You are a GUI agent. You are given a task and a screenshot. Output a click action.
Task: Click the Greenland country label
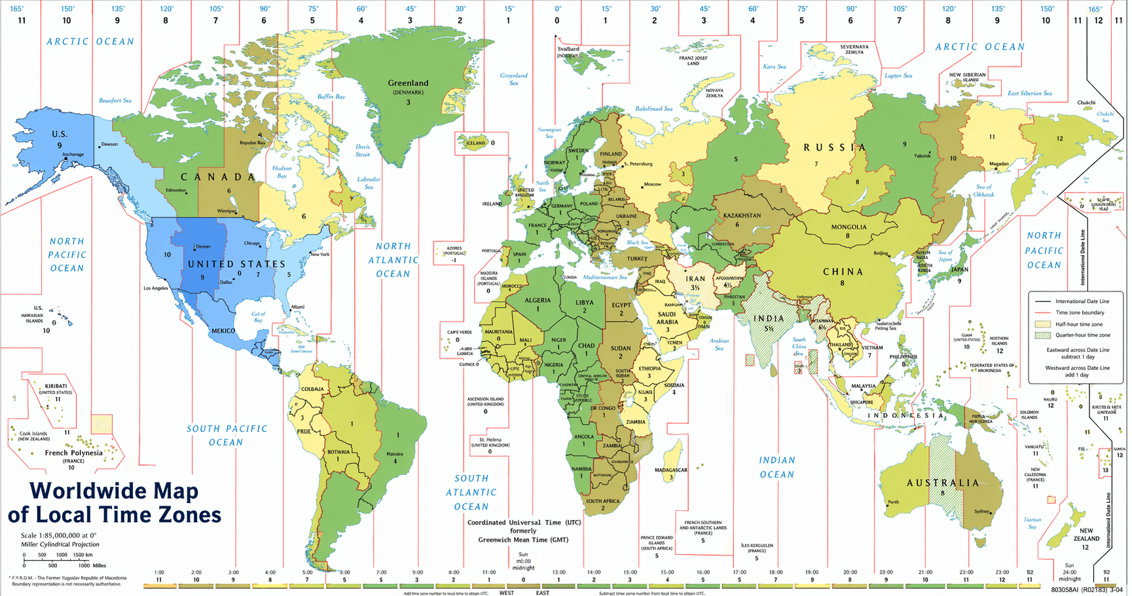pos(408,83)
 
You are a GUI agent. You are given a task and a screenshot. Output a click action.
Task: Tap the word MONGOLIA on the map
pos(849,227)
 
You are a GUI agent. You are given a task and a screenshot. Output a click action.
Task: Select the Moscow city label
pos(652,185)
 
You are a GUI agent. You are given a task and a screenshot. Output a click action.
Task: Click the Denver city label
pos(203,247)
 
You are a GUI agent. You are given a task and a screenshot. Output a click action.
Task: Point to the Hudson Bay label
pos(282,172)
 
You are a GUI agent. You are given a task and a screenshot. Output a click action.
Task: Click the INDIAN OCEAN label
pos(777,468)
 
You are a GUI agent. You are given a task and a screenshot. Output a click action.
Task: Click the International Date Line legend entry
pos(1082,301)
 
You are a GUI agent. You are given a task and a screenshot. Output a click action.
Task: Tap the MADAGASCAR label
pos(670,470)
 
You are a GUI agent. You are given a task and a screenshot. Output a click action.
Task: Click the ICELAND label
pos(476,143)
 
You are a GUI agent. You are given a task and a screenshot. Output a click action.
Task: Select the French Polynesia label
pos(73,453)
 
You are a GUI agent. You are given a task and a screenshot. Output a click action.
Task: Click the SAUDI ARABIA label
pos(667,318)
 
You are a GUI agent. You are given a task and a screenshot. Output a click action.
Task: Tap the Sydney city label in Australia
pos(981,512)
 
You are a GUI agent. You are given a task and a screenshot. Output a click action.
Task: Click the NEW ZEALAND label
pos(1086,534)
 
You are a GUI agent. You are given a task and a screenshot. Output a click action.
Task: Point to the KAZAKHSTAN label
pos(742,215)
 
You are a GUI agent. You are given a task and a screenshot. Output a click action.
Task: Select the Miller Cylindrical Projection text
pos(60,544)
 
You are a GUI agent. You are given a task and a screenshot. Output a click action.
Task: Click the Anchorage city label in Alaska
pos(73,155)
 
